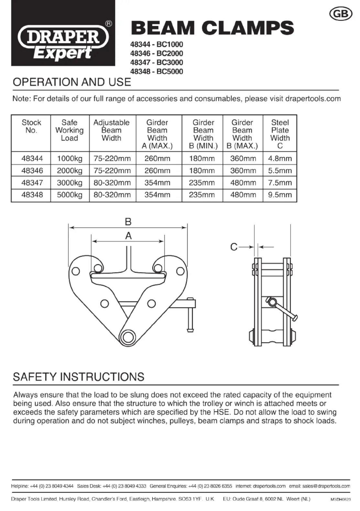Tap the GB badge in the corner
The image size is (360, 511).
pos(340,14)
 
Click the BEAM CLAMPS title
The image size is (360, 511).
pos(213,28)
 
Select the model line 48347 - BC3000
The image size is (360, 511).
pos(157,62)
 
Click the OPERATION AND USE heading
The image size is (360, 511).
pos(72,82)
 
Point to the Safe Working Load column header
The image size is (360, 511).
pos(70,130)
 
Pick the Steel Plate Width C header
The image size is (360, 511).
pos(280,134)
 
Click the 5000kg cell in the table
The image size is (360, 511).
pos(70,195)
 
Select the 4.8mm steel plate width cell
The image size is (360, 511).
pos(280,158)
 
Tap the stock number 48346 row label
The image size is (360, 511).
pos(32,170)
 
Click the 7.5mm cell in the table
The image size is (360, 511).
pos(280,183)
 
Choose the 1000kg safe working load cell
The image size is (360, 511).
pos(70,158)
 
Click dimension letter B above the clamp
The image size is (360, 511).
pos(128,222)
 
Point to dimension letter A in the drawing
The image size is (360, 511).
pos(128,236)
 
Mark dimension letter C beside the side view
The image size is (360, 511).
pos(234,247)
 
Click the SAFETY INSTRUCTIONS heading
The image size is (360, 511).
pos(79,377)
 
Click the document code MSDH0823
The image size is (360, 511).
pos(340,500)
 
